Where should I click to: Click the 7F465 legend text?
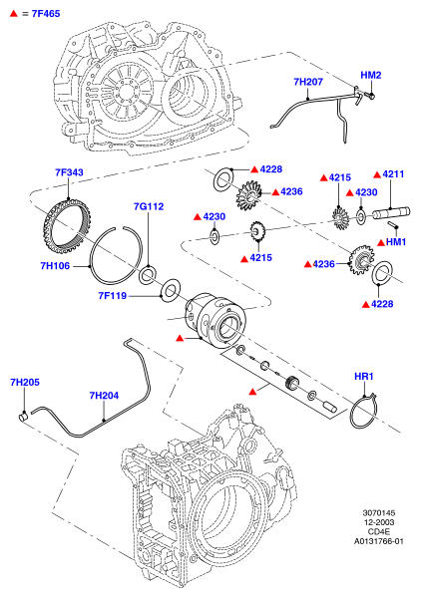pos(46,14)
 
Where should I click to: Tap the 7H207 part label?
pos(308,82)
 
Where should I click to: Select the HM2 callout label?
pos(370,75)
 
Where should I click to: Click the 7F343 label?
pos(69,172)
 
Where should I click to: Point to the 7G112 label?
pos(149,206)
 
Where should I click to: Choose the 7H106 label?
pos(55,266)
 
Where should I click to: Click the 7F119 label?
pos(112,296)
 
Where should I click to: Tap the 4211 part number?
pos(393,174)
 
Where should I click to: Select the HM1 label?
pos(396,242)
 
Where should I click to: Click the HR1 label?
pos(364,377)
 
